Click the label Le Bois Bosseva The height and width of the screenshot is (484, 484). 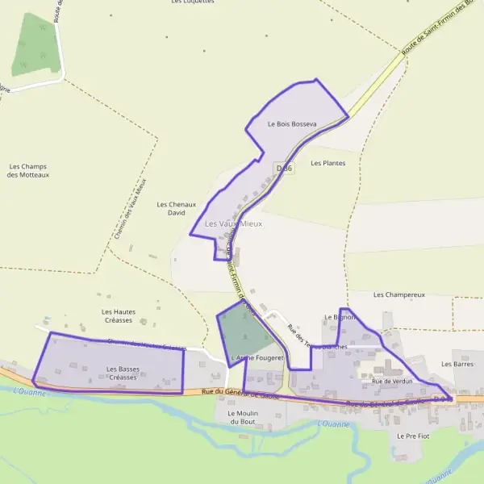[x=292, y=124]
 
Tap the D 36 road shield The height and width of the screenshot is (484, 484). [x=283, y=168]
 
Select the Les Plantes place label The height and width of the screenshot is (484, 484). [x=328, y=163]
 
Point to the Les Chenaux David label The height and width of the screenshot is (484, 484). [x=177, y=209]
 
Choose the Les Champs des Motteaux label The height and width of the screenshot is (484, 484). [x=28, y=170]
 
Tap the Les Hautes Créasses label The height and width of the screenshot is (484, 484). [x=119, y=315]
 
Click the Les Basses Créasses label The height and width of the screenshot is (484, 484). [x=123, y=373]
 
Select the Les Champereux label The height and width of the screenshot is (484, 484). [x=398, y=295]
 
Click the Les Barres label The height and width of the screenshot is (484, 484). [x=457, y=364]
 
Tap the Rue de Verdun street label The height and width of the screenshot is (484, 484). [x=393, y=381]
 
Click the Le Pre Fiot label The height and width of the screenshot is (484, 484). [x=413, y=436]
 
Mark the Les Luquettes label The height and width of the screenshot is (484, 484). [x=193, y=2]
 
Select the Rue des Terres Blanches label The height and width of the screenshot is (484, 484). [x=316, y=336]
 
